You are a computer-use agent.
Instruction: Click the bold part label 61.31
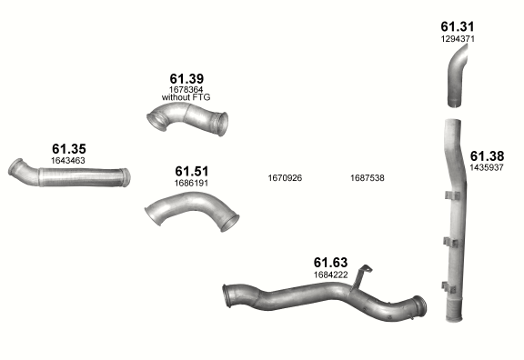pos(458,26)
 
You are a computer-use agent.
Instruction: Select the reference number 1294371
pos(458,39)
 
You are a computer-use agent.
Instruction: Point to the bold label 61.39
pos(186,79)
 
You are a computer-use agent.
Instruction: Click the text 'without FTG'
pos(186,97)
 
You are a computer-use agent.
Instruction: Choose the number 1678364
pos(186,90)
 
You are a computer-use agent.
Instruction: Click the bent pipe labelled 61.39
pos(187,118)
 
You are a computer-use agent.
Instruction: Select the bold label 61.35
pos(69,149)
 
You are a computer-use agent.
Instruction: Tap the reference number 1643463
pos(68,161)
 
